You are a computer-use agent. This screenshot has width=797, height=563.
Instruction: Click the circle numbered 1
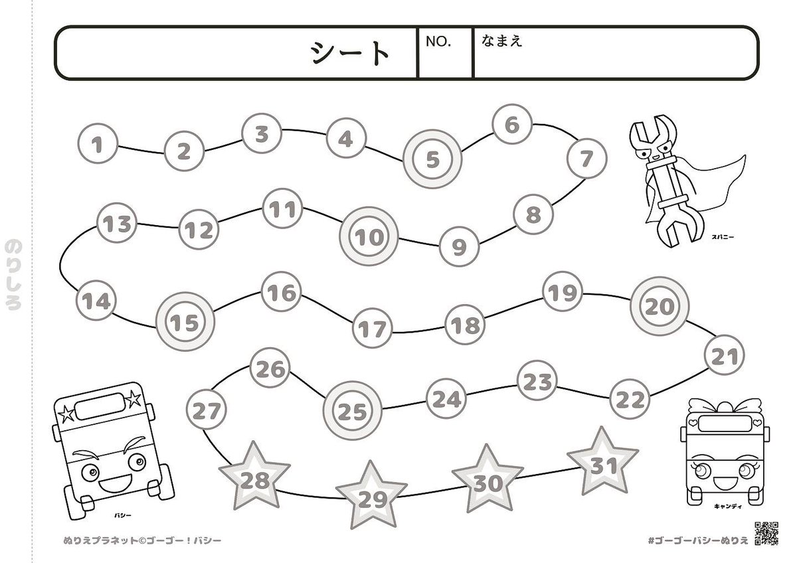tap(98, 144)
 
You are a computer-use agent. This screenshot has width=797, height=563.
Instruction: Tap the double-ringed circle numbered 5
tap(433, 159)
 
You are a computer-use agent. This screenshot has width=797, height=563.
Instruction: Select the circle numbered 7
tap(586, 159)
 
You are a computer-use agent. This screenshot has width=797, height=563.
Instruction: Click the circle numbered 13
tap(118, 224)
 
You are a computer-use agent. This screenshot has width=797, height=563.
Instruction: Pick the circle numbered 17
tap(372, 328)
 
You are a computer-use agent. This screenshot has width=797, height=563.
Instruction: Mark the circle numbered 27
tap(207, 411)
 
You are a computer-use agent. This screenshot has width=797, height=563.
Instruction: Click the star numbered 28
tap(254, 479)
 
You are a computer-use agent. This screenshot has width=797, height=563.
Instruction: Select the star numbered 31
tap(603, 465)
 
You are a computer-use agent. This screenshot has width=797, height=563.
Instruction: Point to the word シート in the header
tap(350, 53)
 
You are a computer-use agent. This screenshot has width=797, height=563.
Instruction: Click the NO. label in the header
tap(438, 41)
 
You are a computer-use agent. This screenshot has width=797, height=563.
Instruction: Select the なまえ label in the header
tap(502, 40)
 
